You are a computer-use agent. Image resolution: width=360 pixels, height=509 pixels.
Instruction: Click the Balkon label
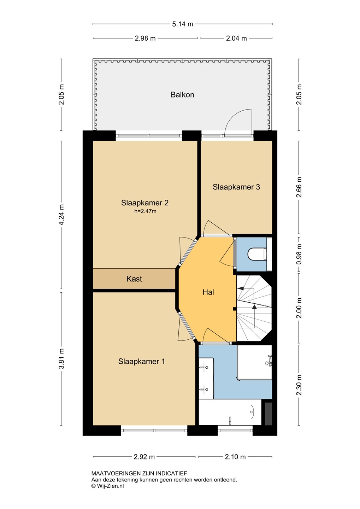click(182, 94)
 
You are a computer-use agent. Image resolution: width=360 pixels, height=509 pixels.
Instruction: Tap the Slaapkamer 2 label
click(145, 203)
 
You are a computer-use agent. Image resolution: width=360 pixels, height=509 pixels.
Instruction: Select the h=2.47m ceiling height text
click(145, 211)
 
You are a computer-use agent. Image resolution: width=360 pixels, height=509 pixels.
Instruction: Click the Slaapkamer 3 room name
click(236, 187)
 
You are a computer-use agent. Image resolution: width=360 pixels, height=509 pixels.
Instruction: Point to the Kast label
click(134, 279)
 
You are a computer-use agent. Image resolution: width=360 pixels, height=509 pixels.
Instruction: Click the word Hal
click(208, 292)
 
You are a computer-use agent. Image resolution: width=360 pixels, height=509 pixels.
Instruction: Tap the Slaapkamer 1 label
click(142, 361)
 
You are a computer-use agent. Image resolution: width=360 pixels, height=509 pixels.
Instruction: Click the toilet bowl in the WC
click(257, 254)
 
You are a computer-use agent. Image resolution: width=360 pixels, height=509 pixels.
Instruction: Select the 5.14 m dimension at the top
click(182, 24)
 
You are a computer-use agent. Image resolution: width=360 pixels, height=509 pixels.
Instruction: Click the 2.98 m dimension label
click(145, 38)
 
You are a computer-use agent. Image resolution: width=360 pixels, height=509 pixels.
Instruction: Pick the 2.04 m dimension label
click(236, 38)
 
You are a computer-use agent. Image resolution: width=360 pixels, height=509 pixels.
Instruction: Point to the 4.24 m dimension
click(61, 215)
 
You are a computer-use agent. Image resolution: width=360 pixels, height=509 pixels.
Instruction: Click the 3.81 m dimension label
click(61, 359)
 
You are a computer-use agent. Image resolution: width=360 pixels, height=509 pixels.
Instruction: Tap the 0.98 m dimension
click(299, 254)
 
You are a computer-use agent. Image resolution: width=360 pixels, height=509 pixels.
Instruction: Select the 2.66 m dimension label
click(299, 187)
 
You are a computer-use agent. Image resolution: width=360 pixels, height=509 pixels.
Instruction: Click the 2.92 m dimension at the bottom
click(144, 457)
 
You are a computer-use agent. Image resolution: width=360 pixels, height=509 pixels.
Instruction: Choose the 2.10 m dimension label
click(235, 457)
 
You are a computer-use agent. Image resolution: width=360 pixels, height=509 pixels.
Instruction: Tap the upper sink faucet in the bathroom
click(204, 367)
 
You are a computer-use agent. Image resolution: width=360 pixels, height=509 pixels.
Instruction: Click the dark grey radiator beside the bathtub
click(268, 414)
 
